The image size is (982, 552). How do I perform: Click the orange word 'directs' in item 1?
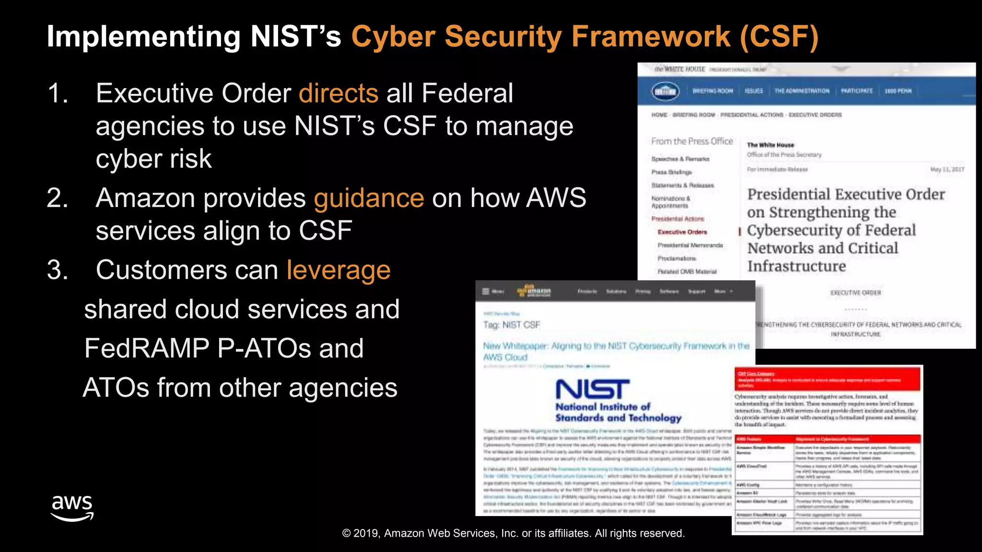click(339, 93)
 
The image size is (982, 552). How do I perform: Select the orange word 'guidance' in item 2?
click(369, 198)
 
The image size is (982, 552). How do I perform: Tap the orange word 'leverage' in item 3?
click(339, 270)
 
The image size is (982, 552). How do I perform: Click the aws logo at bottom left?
click(72, 508)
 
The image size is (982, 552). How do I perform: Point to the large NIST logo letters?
click(593, 390)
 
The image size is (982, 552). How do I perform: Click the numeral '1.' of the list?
click(58, 93)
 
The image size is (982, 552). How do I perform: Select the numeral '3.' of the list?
click(58, 270)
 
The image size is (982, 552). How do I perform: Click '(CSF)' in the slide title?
click(779, 36)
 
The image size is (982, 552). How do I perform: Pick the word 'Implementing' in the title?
click(144, 37)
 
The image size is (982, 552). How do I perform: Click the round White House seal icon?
click(665, 91)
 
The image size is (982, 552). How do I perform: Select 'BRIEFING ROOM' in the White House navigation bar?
click(713, 91)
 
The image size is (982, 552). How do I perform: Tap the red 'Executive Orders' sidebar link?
click(682, 232)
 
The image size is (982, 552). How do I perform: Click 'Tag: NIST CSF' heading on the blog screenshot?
click(511, 325)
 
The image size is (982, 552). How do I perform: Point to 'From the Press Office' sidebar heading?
click(691, 141)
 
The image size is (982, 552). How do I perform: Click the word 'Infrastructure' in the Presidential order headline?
click(796, 266)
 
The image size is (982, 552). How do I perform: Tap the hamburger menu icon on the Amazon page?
click(486, 291)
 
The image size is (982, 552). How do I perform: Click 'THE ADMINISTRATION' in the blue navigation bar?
click(802, 91)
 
